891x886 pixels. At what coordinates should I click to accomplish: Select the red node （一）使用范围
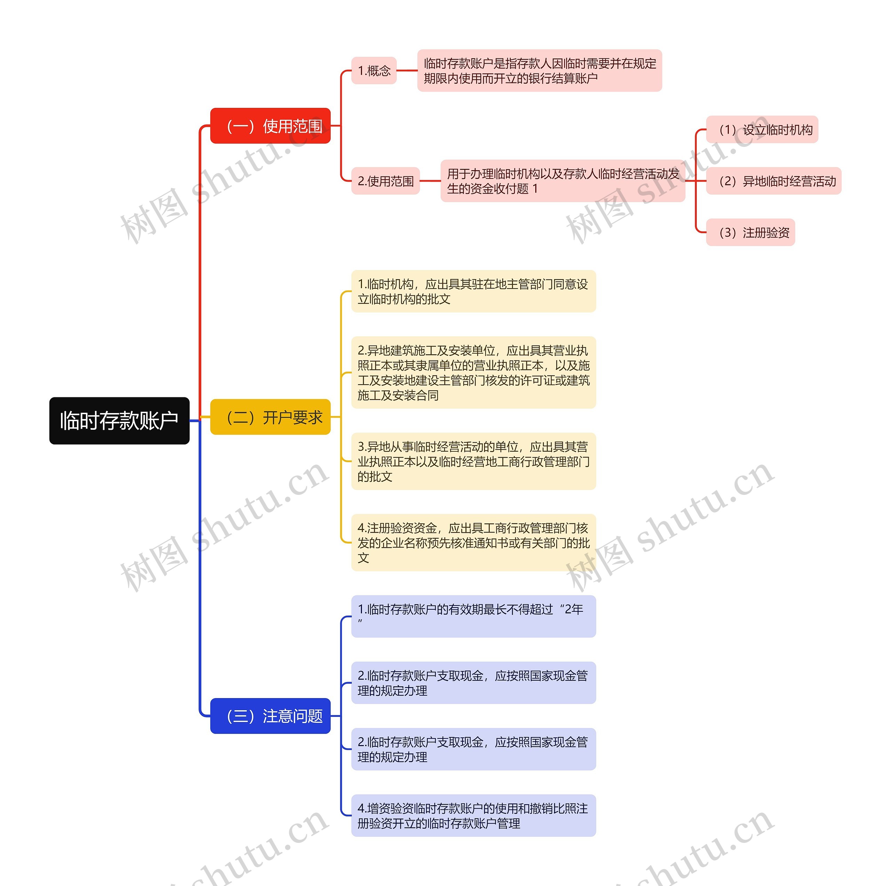pyautogui.click(x=270, y=126)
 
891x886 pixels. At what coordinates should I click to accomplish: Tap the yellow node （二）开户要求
pyautogui.click(x=270, y=417)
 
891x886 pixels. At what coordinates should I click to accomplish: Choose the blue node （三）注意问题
pyautogui.click(x=270, y=716)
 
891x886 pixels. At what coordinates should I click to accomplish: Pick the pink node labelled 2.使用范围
pyautogui.click(x=386, y=181)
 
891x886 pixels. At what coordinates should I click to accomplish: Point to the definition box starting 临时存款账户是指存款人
pyautogui.click(x=539, y=71)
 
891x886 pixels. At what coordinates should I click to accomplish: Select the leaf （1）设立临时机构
pyautogui.click(x=762, y=129)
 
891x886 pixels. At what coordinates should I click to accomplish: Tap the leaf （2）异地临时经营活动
pyautogui.click(x=773, y=181)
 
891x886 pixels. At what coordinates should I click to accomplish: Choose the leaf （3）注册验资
pyautogui.click(x=750, y=232)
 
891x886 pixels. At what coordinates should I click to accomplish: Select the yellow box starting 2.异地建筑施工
pyautogui.click(x=473, y=372)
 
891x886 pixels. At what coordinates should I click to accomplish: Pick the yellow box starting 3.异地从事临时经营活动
pyautogui.click(x=473, y=461)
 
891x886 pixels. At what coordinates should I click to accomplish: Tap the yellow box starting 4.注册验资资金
pyautogui.click(x=473, y=543)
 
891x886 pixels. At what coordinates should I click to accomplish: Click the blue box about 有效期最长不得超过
pyautogui.click(x=473, y=616)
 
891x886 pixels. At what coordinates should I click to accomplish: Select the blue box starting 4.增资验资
pyautogui.click(x=473, y=815)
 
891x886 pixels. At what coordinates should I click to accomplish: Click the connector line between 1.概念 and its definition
pyautogui.click(x=407, y=71)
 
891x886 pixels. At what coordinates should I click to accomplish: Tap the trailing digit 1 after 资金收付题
pyautogui.click(x=535, y=189)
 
